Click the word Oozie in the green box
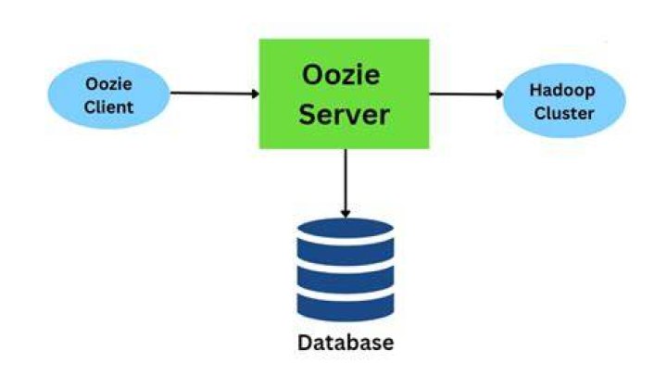[341, 75]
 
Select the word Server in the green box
[344, 115]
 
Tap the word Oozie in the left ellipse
[108, 84]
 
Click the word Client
[108, 106]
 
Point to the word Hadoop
[562, 91]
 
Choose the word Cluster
[564, 113]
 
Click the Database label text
[346, 343]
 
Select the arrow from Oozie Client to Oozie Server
[215, 94]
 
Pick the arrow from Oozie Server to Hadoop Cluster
[466, 94]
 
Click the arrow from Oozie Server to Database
[346, 183]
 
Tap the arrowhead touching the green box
[256, 94]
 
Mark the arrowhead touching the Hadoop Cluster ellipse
[500, 94]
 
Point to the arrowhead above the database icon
[346, 214]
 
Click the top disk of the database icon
[346, 229]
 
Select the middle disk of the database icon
[346, 280]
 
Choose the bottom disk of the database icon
[346, 307]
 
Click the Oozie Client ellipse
[109, 94]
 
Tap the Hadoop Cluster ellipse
[564, 101]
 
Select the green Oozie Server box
[344, 94]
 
